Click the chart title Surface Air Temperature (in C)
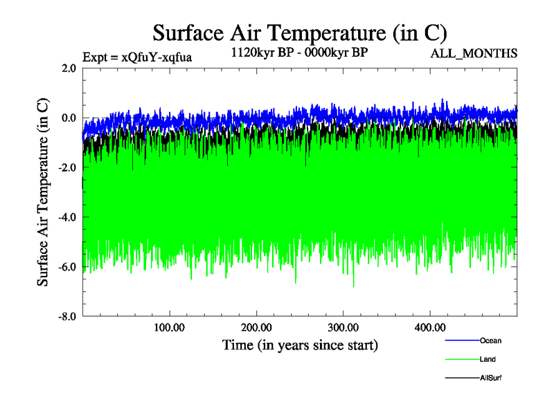tap(300, 34)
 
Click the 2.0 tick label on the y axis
tap(69, 68)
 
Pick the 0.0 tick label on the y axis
tap(69, 118)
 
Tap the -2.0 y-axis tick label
tap(67, 167)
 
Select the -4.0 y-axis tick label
tap(67, 217)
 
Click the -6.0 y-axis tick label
tap(67, 267)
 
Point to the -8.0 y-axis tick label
tap(67, 317)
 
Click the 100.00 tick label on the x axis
tap(170, 327)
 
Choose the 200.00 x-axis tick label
tap(256, 327)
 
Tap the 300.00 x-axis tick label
tap(343, 327)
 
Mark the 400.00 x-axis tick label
tap(429, 327)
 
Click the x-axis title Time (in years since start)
tap(300, 344)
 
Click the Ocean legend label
tap(490, 340)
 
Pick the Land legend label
tap(488, 359)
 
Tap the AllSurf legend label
tap(490, 378)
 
